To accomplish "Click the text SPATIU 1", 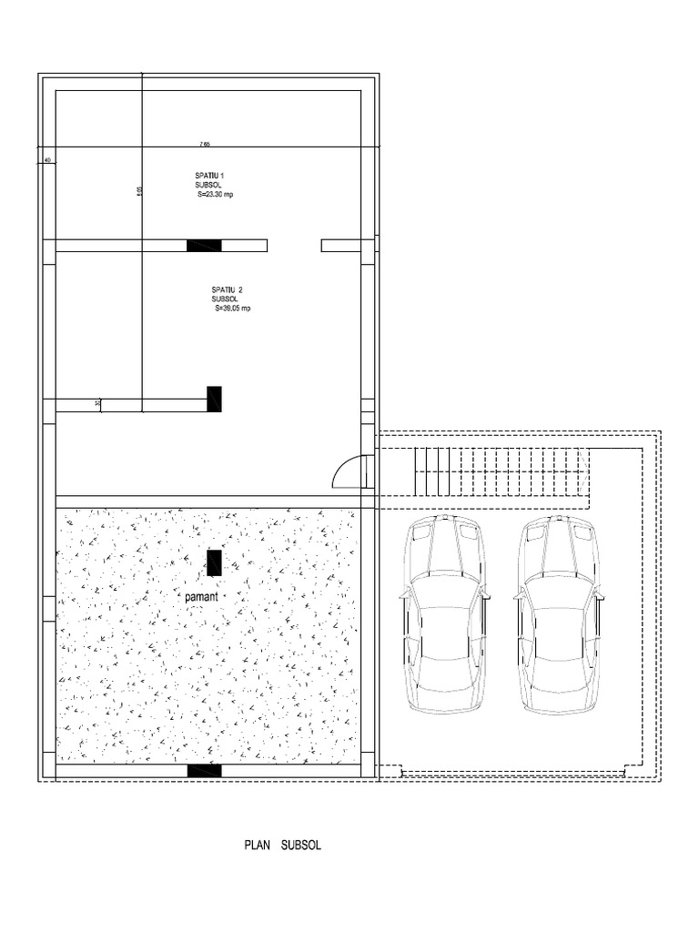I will coord(209,175).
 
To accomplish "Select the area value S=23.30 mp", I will coord(215,195).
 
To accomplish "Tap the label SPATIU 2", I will coord(227,289).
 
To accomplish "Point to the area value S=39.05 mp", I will coord(232,309).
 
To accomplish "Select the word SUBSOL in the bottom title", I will coord(301,846).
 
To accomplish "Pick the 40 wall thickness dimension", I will coord(46,160).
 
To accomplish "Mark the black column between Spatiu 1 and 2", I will coord(204,245).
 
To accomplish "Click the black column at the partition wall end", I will coord(214,399).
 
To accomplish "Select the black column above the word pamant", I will coord(214,562).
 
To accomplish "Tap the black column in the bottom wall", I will coord(204,771).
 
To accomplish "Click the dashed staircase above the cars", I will coord(501,471).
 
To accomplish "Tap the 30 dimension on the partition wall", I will coord(97,404).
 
